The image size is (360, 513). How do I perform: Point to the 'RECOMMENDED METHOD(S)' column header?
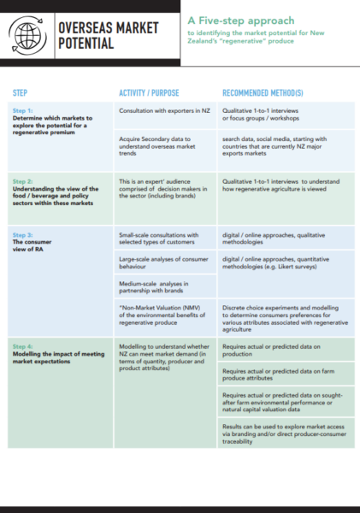[266, 92]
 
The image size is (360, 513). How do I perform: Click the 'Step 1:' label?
[23, 110]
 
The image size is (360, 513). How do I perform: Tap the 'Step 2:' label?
[23, 181]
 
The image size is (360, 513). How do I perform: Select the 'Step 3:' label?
[23, 233]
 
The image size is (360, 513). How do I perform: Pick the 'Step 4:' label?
[23, 344]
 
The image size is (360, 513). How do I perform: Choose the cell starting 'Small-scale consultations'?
[158, 239]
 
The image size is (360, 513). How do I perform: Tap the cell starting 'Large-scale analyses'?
[159, 263]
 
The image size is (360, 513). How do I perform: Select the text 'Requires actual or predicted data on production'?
[270, 348]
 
